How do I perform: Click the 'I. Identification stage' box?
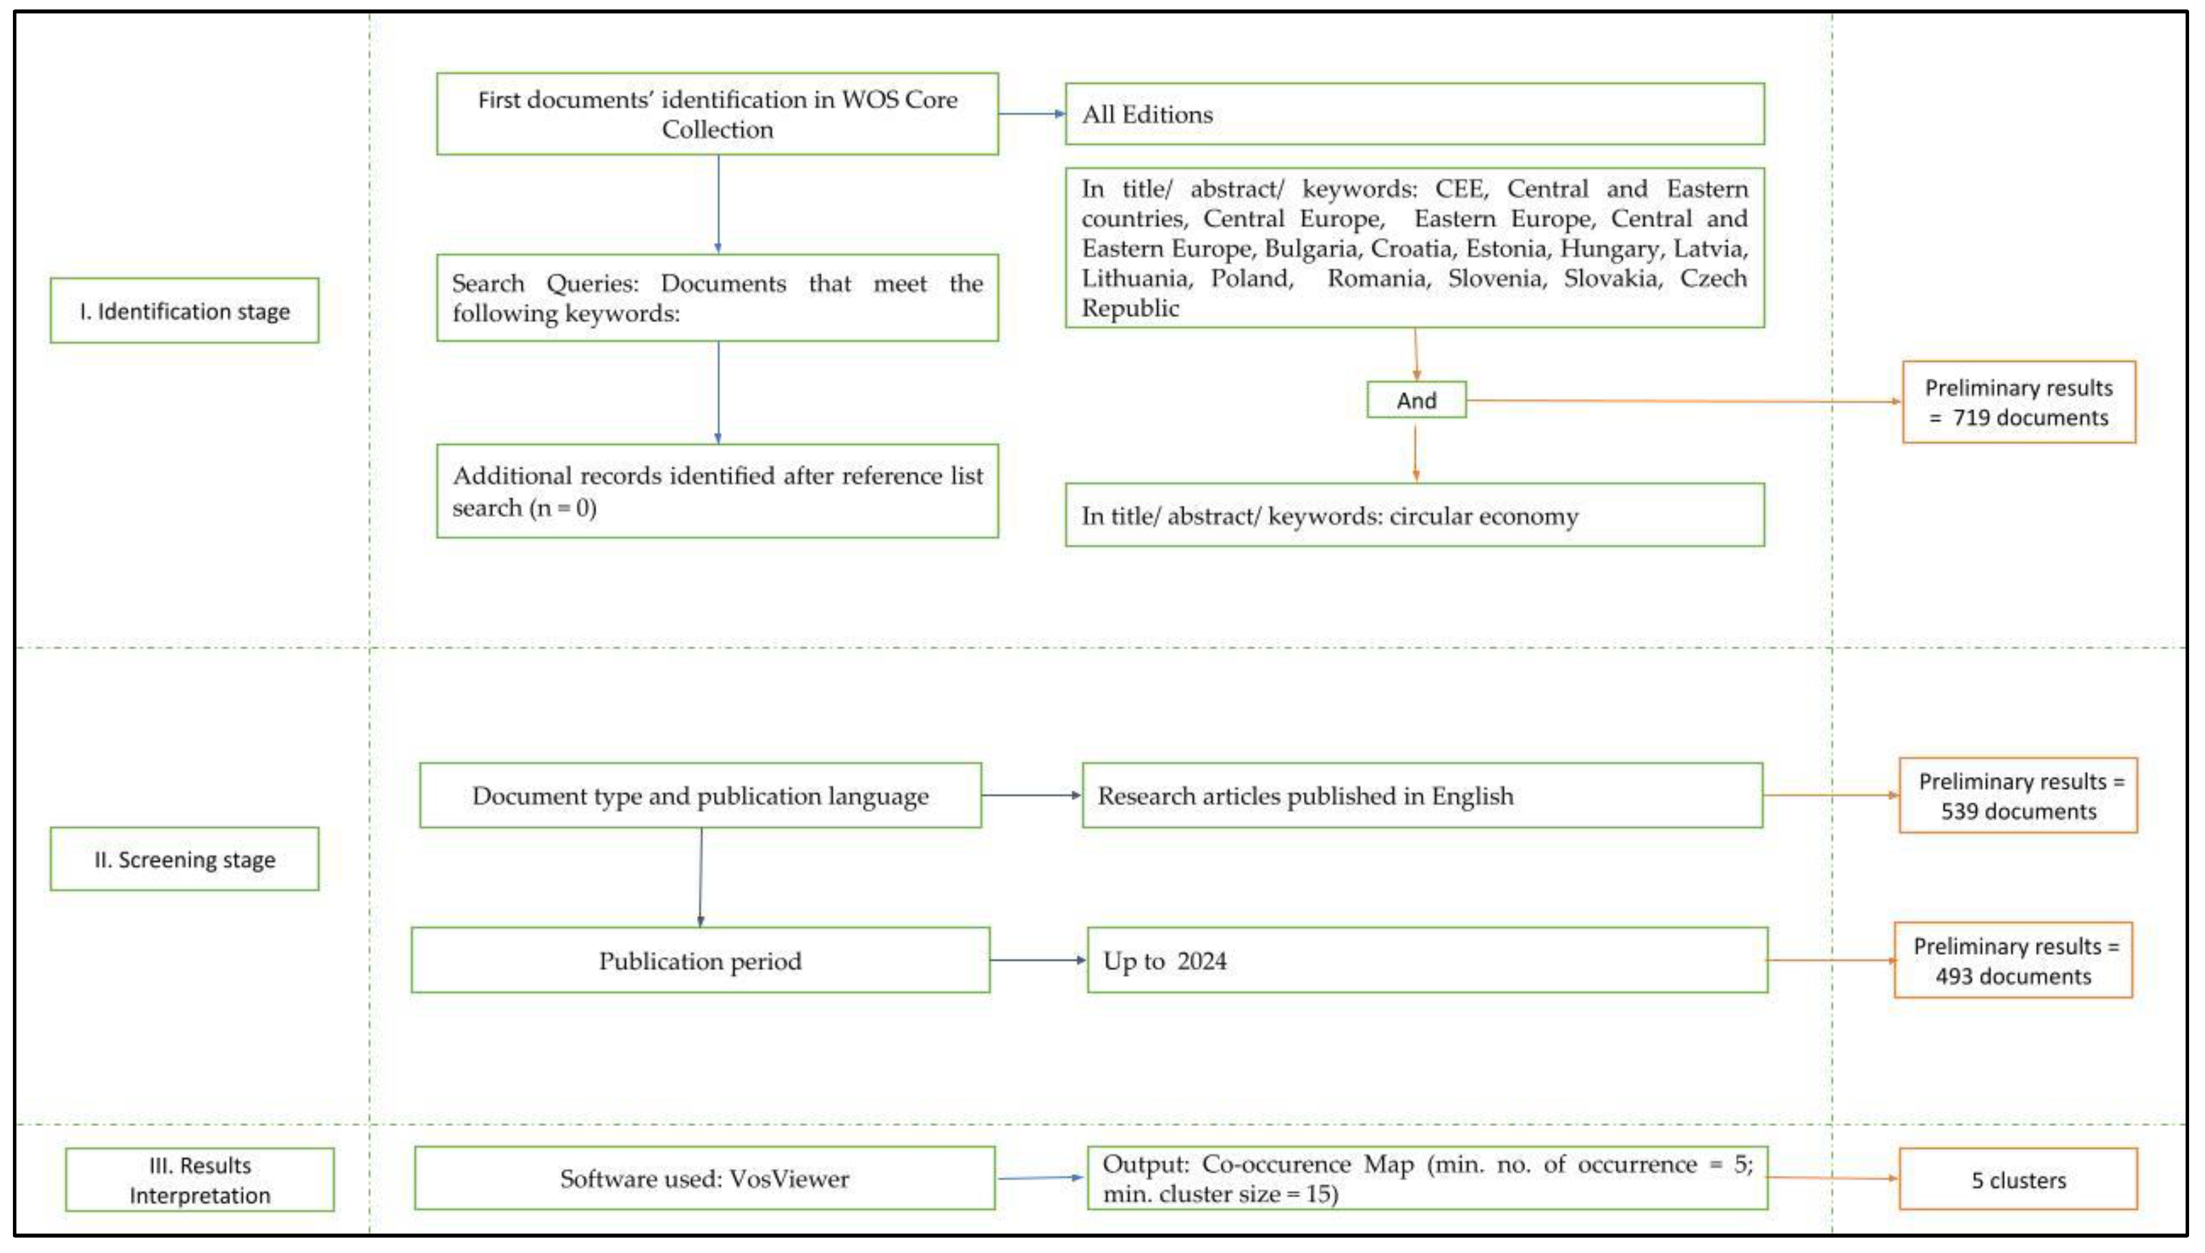tap(184, 311)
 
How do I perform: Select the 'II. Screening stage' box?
tap(184, 859)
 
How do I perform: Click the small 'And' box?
tap(1416, 400)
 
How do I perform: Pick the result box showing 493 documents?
tap(2013, 961)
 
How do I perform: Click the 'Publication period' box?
tap(700, 961)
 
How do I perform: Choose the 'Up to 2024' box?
tap(1427, 961)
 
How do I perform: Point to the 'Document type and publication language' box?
tap(700, 796)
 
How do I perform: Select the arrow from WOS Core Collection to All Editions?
tap(1031, 113)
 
